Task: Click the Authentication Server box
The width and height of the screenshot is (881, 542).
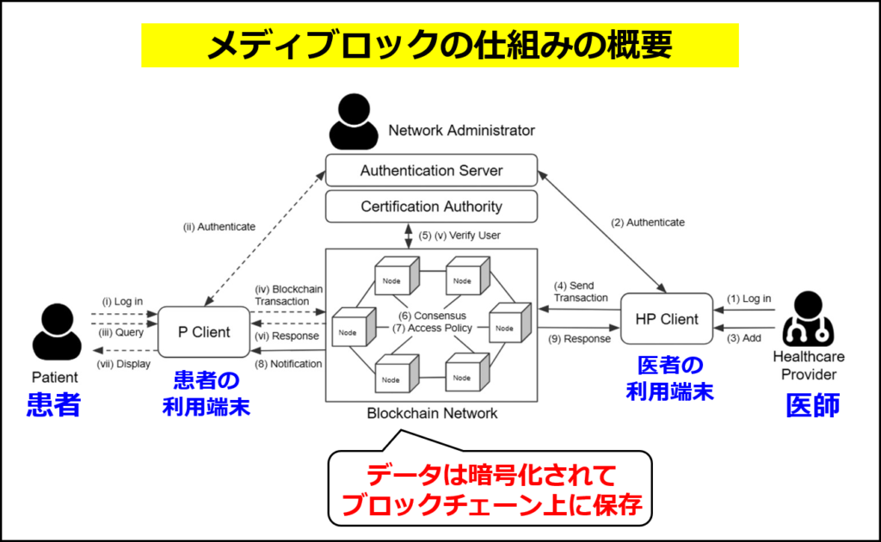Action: (431, 170)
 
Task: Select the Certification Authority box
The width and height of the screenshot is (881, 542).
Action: (431, 206)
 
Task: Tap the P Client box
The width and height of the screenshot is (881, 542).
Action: (204, 332)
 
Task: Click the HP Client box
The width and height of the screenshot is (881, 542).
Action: (667, 319)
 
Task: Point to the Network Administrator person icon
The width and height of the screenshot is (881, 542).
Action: (354, 122)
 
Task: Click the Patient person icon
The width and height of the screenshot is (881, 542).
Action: (57, 332)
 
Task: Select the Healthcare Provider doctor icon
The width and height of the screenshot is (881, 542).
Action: (808, 318)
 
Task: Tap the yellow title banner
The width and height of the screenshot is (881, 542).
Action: (440, 45)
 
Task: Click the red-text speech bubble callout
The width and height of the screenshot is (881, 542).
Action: (490, 488)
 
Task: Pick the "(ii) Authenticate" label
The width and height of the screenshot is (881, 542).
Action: (219, 227)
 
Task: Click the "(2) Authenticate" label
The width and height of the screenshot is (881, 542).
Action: (648, 223)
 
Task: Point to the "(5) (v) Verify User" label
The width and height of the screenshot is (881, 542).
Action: (459, 236)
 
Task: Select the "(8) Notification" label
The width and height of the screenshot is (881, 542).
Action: (288, 364)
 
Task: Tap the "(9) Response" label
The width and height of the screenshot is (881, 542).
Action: (579, 339)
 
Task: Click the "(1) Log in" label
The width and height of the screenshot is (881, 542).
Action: (749, 299)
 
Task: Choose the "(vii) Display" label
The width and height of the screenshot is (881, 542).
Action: (124, 364)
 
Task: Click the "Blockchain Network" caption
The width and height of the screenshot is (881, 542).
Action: (432, 413)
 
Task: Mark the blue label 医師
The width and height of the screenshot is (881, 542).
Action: (812, 405)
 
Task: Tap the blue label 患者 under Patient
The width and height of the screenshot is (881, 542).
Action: (54, 404)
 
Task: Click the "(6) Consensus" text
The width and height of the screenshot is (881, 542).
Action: (432, 316)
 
